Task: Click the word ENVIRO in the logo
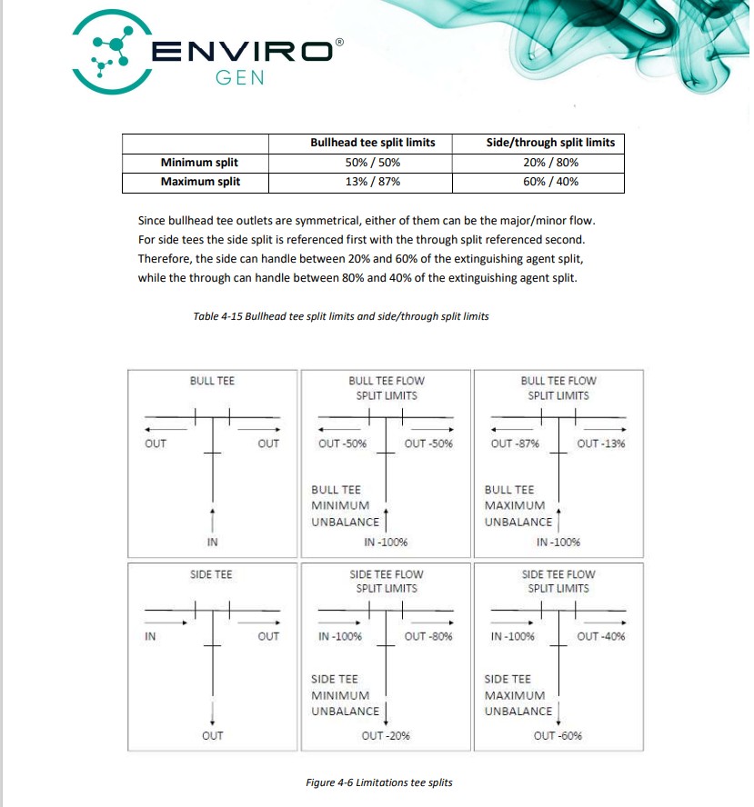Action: [x=241, y=52]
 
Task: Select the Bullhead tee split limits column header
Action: [x=373, y=143]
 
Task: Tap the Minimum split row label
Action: [x=199, y=163]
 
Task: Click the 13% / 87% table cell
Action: [x=373, y=182]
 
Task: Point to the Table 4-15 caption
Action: [x=341, y=316]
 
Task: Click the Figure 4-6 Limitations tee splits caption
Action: [x=379, y=782]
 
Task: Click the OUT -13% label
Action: [x=601, y=443]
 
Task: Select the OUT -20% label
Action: [x=386, y=735]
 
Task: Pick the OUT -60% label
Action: [x=558, y=735]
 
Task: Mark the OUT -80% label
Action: [x=428, y=636]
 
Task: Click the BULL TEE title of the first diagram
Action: [x=212, y=381]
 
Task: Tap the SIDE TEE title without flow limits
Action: [x=212, y=574]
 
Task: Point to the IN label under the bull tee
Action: [x=212, y=543]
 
